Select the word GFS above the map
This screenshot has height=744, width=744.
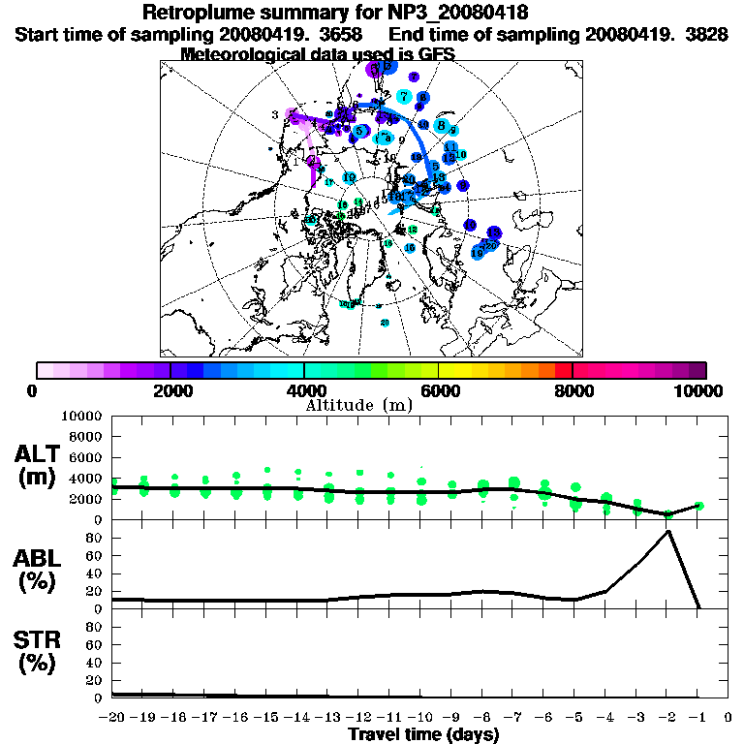437,54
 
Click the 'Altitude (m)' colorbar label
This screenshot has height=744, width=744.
358,405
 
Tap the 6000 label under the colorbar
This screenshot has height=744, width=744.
438,390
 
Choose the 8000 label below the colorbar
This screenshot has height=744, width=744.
573,390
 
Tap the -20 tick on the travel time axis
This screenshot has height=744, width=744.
112,718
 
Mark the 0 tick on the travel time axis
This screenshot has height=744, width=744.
728,718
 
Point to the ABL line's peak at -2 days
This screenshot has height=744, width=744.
667,531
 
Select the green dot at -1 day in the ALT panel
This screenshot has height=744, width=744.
698,506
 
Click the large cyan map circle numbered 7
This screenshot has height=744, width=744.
403,97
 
